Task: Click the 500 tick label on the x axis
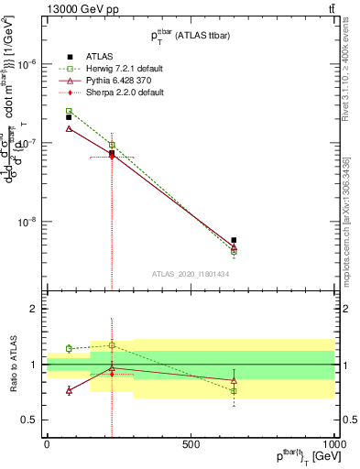pos(191,443)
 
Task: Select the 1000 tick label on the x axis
pos(333,443)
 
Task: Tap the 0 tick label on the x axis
pos(47,443)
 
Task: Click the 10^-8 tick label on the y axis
pos(26,222)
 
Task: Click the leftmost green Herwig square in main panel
pos(69,111)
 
